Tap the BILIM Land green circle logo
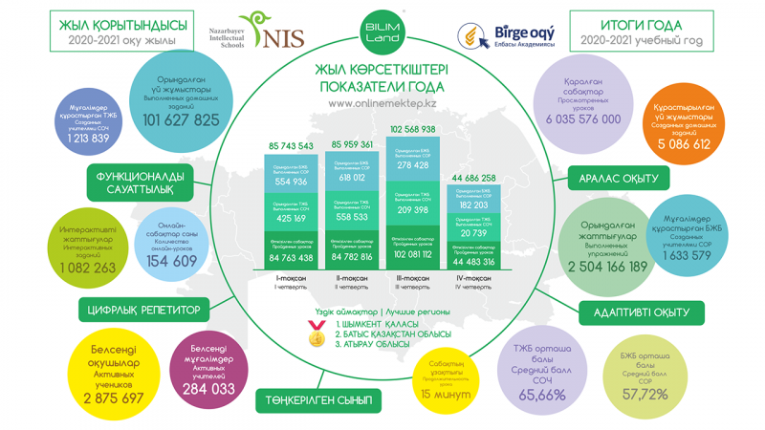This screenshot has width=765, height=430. (381, 30)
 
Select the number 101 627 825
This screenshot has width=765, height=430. (182, 120)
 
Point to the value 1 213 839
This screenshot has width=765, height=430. (89, 138)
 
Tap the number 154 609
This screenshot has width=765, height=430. (172, 261)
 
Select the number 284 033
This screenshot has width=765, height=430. (209, 390)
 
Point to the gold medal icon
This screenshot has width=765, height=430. (316, 335)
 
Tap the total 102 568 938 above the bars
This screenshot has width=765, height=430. (413, 129)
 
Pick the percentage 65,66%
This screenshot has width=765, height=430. (543, 394)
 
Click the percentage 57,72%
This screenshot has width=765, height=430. (645, 395)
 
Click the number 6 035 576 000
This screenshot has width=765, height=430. (583, 119)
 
